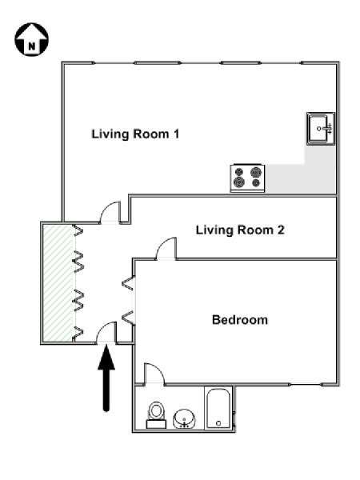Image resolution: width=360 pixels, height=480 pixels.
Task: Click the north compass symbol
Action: [x=32, y=39]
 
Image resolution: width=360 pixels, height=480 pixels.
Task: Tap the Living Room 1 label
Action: [x=135, y=134]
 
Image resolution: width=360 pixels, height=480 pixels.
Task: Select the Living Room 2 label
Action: [x=240, y=230]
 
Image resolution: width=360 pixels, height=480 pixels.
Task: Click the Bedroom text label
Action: [x=240, y=320]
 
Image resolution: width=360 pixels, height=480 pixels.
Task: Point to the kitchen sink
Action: [x=321, y=129]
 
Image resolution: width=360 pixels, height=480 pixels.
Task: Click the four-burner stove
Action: [x=247, y=178]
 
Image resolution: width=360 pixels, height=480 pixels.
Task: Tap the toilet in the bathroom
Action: [x=157, y=415]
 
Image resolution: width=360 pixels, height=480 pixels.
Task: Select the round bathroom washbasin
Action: [x=184, y=418]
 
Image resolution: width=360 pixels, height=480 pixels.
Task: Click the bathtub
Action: [x=218, y=409]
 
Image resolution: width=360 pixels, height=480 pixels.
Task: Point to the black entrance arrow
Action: [x=106, y=378]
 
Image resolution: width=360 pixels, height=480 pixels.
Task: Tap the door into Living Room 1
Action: [x=110, y=213]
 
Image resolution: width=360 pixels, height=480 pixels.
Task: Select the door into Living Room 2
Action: [x=167, y=249]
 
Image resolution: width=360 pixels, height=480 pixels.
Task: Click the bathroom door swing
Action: [x=154, y=373]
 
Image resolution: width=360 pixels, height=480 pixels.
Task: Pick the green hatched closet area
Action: [x=58, y=283]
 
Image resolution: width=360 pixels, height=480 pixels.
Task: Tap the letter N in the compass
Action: [x=31, y=47]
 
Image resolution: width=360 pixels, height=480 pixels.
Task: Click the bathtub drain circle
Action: [x=218, y=423]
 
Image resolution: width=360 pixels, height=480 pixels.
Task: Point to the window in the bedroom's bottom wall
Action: [x=306, y=385]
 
